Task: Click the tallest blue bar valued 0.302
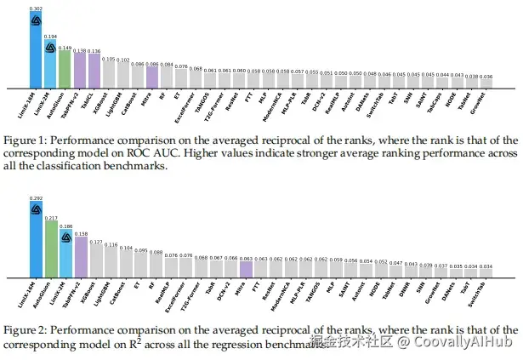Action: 36,55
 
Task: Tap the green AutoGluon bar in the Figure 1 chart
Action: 65,70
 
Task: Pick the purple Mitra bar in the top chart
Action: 151,77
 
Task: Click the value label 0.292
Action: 36,198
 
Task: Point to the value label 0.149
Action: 65,48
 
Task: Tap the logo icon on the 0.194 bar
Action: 50,47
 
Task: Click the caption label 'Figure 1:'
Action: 26,140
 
